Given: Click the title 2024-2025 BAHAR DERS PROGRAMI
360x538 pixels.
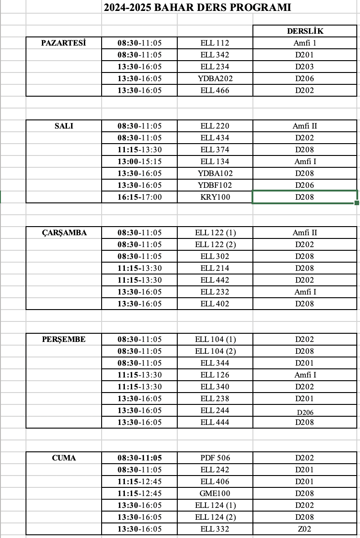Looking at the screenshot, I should pos(197,7).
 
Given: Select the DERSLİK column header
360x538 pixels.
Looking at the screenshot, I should pos(305,31).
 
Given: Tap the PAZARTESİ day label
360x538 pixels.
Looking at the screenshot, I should pos(64,43).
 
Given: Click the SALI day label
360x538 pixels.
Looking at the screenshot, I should pos(64,126).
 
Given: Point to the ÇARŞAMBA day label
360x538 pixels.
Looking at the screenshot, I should pos(64,233).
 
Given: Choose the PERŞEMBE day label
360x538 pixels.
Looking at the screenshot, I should pos(64,339).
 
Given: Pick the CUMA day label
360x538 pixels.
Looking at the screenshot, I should pos(64,458).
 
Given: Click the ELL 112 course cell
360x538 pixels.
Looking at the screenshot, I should pos(215,43).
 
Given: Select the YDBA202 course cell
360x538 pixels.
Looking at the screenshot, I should pos(215,78).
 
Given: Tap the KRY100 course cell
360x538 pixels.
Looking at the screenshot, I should pos(215,197).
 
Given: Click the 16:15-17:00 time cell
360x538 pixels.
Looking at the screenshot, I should pos(139,197).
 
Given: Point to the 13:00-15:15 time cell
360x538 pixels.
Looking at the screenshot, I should pos(139,161).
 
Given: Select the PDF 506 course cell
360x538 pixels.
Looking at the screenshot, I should pos(215,458).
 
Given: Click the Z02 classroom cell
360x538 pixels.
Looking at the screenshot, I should pos(305,529).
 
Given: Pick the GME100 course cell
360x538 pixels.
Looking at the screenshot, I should pos(215,493).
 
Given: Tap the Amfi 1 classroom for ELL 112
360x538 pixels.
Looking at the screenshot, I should pos(305,43).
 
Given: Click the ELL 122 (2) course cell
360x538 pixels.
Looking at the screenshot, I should pos(215,244).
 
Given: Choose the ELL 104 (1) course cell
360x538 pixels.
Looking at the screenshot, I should pos(215,339).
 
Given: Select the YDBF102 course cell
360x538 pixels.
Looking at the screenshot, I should pos(215,185).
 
